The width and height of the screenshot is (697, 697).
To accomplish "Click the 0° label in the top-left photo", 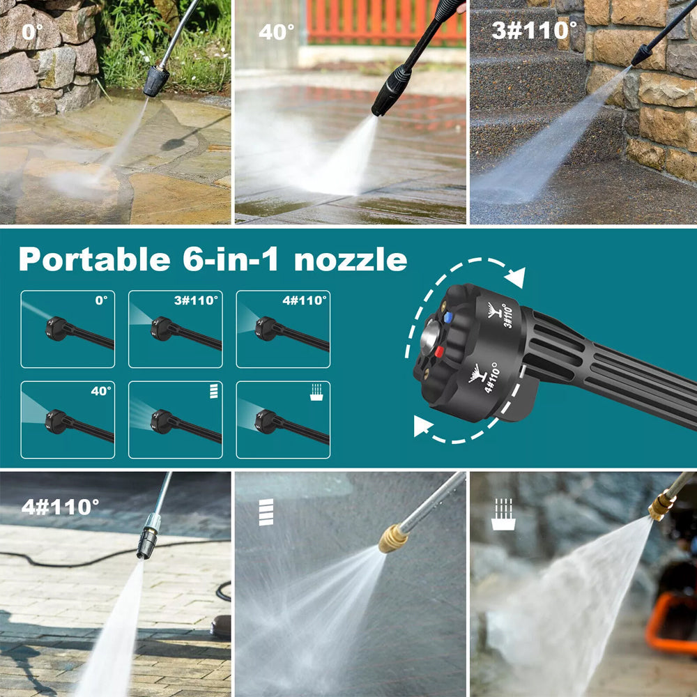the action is (x=33, y=31).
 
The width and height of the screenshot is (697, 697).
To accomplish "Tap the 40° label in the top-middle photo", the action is (x=277, y=32).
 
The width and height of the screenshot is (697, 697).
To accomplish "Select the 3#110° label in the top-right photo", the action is (x=535, y=30).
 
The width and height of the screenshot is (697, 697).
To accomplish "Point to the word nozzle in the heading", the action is (x=351, y=259).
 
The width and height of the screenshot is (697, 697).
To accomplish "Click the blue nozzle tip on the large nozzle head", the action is (x=448, y=317).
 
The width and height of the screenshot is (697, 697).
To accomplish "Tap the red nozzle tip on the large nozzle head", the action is (x=439, y=352).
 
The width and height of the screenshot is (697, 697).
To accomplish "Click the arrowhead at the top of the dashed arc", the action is (x=516, y=278).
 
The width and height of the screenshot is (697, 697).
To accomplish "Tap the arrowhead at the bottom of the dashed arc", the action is (x=423, y=425).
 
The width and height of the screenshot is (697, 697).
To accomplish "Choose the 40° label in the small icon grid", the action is (x=101, y=391).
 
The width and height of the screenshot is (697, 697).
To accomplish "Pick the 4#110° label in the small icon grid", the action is (x=305, y=300).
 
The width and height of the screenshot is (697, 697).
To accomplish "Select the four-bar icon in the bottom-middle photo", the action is (x=266, y=512).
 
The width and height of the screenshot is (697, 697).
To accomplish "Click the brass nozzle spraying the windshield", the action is (x=393, y=538).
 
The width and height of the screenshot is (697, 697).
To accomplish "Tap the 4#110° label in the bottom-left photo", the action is (x=60, y=507).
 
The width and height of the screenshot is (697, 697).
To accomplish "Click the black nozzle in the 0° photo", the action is (x=156, y=81).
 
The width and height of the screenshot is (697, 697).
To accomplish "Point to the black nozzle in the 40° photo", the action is (x=392, y=91).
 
